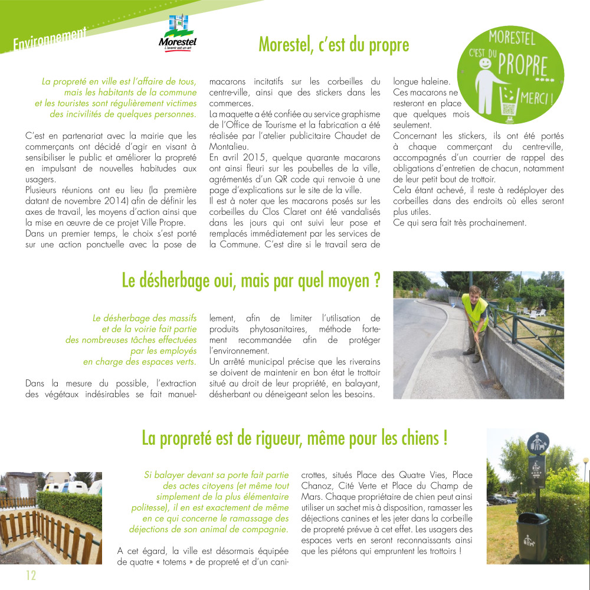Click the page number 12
tap(30, 575)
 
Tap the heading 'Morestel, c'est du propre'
tap(334, 44)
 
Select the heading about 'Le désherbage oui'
tap(250, 280)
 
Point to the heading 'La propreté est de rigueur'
tap(294, 438)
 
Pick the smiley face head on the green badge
tap(486, 63)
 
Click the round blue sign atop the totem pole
tap(537, 442)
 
